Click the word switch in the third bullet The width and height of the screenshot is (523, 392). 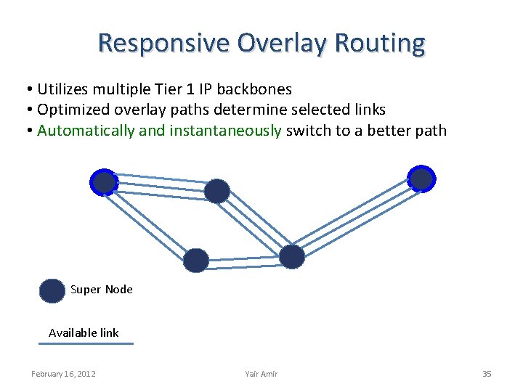(308, 131)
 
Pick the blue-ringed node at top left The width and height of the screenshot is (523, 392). (105, 182)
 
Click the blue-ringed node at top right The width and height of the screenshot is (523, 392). (421, 178)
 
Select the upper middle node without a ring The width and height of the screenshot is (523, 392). (216, 191)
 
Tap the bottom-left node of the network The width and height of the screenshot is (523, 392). (195, 260)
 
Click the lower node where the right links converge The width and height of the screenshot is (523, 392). (292, 256)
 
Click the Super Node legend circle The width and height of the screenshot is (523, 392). (52, 290)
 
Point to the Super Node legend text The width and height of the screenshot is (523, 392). (102, 290)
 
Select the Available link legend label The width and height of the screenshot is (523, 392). (84, 332)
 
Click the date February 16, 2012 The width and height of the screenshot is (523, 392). (63, 374)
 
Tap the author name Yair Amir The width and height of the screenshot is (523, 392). (261, 374)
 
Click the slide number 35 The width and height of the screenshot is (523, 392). (487, 374)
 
